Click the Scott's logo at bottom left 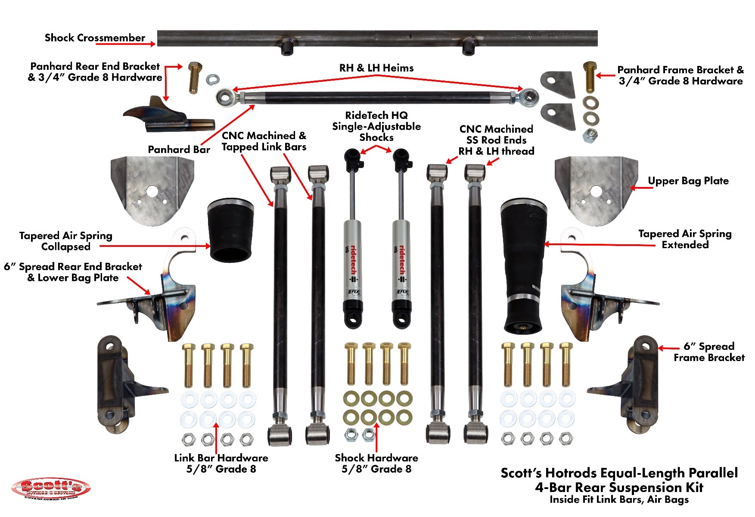pos(51,488)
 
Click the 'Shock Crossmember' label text pos(95,38)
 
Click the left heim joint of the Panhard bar pos(225,97)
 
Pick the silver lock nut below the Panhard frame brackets pos(590,136)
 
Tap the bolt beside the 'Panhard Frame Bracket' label pos(590,78)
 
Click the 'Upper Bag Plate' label pos(688,181)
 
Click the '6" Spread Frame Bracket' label pos(708,352)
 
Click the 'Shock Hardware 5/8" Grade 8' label pos(376,463)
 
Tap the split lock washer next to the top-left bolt pos(213,79)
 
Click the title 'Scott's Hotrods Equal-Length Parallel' pos(619,473)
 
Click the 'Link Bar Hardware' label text pos(221,458)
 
